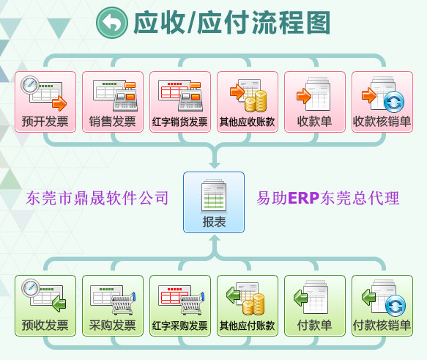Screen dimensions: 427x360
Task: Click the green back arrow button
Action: point(112,23)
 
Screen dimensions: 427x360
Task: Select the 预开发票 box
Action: point(45,102)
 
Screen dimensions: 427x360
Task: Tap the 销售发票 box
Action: point(113,102)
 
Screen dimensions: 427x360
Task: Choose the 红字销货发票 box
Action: point(180,102)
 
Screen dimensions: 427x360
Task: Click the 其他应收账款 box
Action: point(248,102)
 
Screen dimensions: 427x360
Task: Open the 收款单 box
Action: point(315,102)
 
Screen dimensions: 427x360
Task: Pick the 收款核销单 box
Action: point(382,102)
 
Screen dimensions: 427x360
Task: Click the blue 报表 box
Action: point(214,202)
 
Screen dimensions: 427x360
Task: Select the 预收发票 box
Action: point(45,306)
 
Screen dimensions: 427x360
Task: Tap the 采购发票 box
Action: point(113,306)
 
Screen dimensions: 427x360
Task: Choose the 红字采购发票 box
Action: point(180,306)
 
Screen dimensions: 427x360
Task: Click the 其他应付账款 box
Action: point(248,306)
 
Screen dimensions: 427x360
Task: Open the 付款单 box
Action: point(315,306)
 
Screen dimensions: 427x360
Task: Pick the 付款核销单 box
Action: point(382,306)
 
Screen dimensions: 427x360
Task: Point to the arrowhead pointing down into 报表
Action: point(215,165)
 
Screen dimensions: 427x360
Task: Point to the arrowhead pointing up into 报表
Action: point(215,238)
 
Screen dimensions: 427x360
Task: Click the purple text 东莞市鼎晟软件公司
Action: point(97,198)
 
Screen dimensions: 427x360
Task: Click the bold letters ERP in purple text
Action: point(304,198)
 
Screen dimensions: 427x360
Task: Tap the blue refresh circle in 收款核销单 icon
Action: point(394,102)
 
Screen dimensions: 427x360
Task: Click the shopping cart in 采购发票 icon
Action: point(123,304)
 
